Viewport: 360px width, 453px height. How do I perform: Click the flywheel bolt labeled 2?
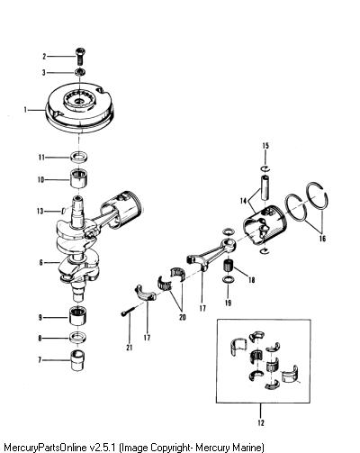coord(79,56)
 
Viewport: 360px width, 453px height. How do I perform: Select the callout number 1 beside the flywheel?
coord(25,110)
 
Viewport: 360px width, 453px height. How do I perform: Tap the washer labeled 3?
coord(80,72)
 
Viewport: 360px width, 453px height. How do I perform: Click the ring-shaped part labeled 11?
coord(78,157)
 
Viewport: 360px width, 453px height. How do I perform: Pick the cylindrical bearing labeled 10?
coord(78,178)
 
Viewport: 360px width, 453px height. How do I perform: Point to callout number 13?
coord(40,212)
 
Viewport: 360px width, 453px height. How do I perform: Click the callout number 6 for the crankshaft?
coord(40,263)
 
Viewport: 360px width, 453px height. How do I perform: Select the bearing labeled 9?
coord(78,316)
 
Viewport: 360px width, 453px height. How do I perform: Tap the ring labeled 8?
coord(78,338)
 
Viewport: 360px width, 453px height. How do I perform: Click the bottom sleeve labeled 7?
coord(77,360)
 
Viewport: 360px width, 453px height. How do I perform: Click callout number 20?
coord(183,317)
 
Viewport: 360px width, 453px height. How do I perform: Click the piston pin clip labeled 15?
coord(265,168)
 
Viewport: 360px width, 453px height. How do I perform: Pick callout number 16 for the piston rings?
coord(322,239)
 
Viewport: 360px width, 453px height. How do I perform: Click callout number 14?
coord(243,200)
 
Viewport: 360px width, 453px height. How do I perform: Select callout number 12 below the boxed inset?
coord(261,423)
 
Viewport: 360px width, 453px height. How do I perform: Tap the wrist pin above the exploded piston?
coord(265,187)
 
